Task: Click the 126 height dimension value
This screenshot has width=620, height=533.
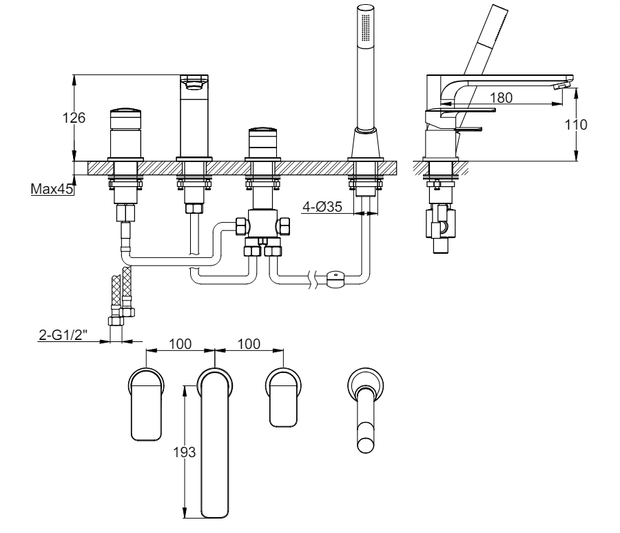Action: point(74,117)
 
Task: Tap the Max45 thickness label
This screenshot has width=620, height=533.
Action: point(52,189)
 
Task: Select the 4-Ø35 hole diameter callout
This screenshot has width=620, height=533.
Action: point(322,207)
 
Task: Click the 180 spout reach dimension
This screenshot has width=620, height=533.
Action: point(501,97)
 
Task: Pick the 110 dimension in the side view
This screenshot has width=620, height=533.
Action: point(576,125)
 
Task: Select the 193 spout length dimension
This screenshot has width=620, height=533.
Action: point(184,452)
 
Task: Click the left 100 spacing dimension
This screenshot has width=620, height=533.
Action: point(180,344)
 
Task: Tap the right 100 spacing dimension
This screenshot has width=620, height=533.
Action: point(249,344)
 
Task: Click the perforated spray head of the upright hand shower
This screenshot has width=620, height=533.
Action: point(366,25)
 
